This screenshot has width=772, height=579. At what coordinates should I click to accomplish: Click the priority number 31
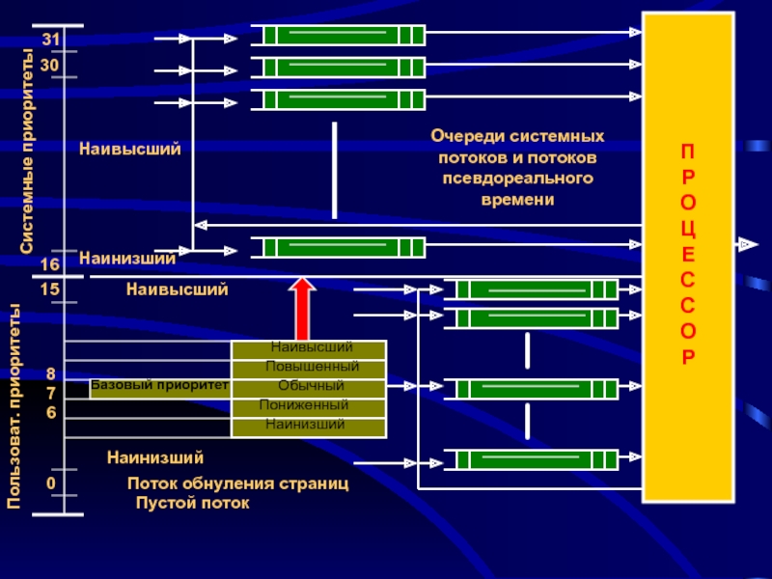[x=50, y=39]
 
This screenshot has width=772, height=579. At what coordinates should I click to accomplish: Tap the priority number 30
[x=50, y=62]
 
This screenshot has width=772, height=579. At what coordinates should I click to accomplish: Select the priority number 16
[x=50, y=264]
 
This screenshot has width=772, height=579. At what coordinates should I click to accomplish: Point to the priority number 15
[x=50, y=289]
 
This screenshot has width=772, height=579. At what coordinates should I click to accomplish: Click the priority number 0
[x=50, y=482]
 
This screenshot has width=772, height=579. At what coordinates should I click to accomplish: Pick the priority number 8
[x=51, y=374]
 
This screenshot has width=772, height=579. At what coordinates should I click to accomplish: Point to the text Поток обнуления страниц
[x=237, y=482]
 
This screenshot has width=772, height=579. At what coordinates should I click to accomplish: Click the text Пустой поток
[x=192, y=503]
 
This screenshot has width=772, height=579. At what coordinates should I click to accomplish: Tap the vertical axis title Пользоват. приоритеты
[x=16, y=405]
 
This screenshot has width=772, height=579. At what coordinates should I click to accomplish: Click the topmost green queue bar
[x=344, y=36]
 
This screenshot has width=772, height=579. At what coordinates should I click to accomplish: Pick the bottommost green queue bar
[x=536, y=459]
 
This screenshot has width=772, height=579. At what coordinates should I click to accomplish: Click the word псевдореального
[x=518, y=179]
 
